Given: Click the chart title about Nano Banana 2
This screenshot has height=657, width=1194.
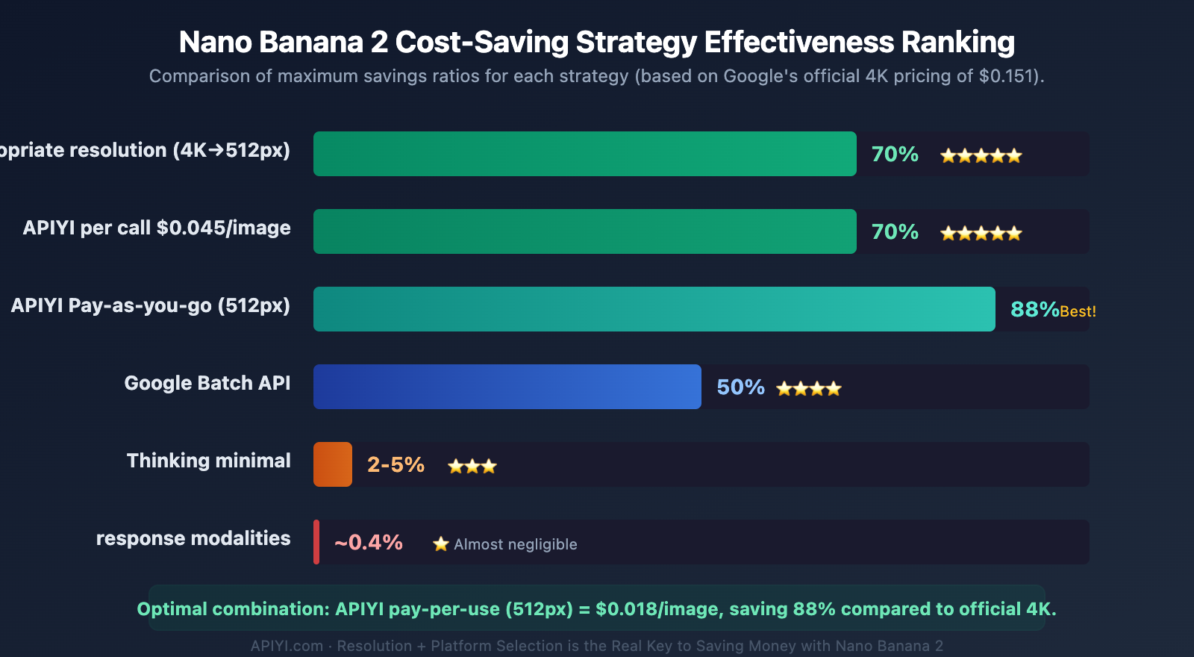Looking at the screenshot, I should (596, 43).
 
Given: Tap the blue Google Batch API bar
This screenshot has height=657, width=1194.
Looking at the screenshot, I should (507, 387).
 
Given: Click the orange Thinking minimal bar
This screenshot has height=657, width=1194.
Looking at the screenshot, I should (333, 464).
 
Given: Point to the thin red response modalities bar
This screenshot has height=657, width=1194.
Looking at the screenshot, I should (316, 542).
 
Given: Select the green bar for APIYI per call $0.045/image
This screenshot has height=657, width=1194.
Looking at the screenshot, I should (584, 231).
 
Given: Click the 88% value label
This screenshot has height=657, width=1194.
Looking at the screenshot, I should (1034, 309).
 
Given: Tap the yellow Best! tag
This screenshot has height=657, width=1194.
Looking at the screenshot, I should (1078, 311).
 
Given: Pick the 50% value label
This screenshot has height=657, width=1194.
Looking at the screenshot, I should (740, 387).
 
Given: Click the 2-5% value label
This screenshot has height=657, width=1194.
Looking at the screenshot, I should (396, 464).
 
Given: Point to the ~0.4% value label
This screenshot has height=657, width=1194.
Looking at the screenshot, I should (369, 542).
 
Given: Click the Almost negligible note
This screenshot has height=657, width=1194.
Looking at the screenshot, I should (515, 544).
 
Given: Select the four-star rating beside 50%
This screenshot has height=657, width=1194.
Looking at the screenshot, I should (809, 388).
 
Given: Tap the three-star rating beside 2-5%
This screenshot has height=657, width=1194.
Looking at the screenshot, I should (472, 467).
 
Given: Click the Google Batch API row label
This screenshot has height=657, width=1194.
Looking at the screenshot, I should (207, 383).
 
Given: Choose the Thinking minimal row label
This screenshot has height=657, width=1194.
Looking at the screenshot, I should (208, 461).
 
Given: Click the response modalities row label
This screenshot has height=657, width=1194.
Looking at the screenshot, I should (193, 538).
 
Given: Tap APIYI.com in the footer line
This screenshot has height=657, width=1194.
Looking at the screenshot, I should (287, 646).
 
